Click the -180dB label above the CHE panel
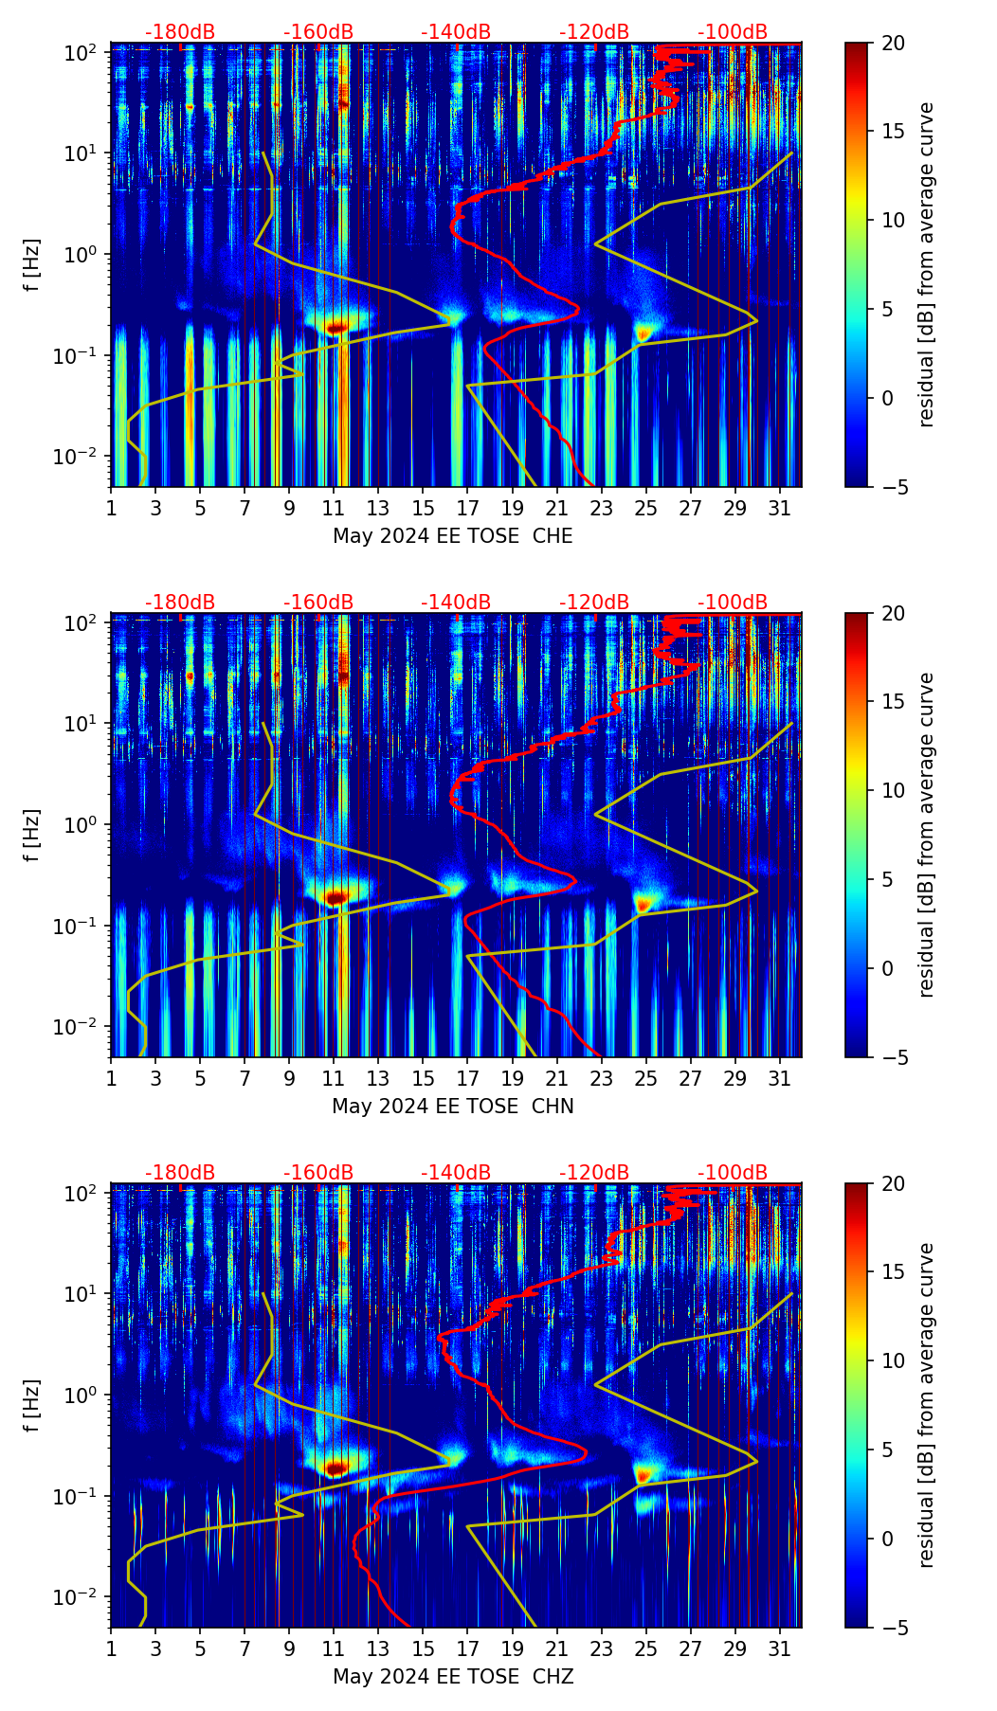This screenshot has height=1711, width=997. (180, 32)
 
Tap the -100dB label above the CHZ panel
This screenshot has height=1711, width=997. (733, 1173)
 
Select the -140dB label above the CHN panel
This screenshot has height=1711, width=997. (456, 603)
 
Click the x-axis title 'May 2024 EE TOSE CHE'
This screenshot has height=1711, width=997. (452, 536)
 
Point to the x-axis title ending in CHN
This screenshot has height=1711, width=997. (452, 1107)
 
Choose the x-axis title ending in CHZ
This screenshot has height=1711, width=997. (452, 1677)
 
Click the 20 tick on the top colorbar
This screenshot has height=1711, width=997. (892, 43)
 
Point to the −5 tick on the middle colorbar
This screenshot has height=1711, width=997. (892, 1056)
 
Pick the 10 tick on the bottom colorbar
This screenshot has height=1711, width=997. (892, 1360)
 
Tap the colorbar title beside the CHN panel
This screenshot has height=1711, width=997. (926, 835)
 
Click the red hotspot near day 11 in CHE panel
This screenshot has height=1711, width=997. (335, 328)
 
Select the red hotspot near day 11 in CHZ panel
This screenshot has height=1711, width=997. (335, 1468)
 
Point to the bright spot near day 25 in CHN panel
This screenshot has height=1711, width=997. (644, 904)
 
